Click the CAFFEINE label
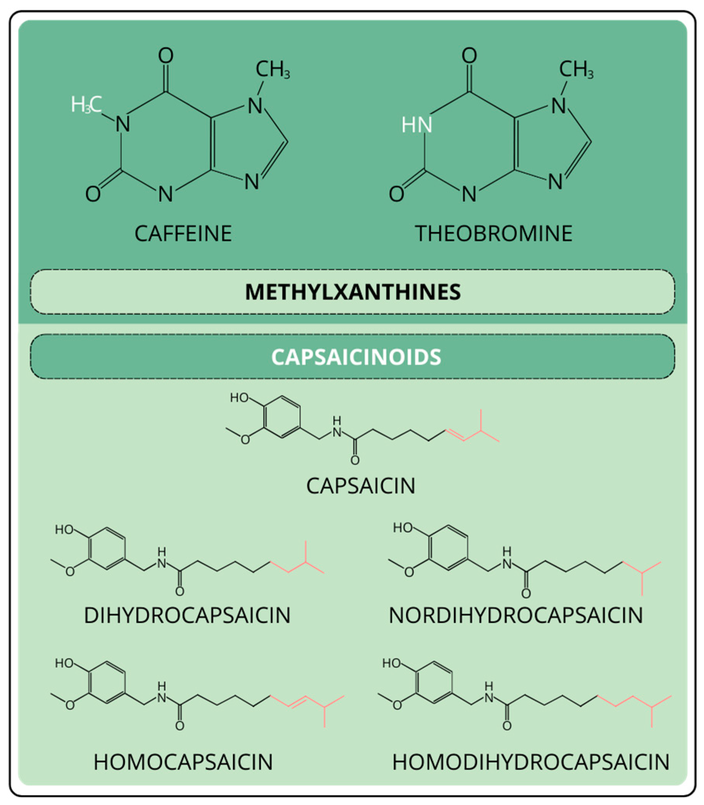tap(183, 234)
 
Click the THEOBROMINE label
tap(493, 234)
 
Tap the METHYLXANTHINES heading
tap(353, 292)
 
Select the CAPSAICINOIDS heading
tap(356, 357)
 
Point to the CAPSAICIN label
tap(361, 486)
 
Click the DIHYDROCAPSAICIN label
tap(187, 615)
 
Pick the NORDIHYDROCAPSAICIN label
tap(515, 615)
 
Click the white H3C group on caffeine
tap(86, 105)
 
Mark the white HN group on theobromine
tap(417, 125)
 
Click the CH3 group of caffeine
tap(272, 70)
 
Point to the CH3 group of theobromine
tap(576, 70)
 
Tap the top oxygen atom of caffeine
tap(166, 55)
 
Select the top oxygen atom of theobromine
tap(469, 55)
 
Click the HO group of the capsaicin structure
tap(239, 398)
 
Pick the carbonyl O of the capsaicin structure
tap(355, 460)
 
